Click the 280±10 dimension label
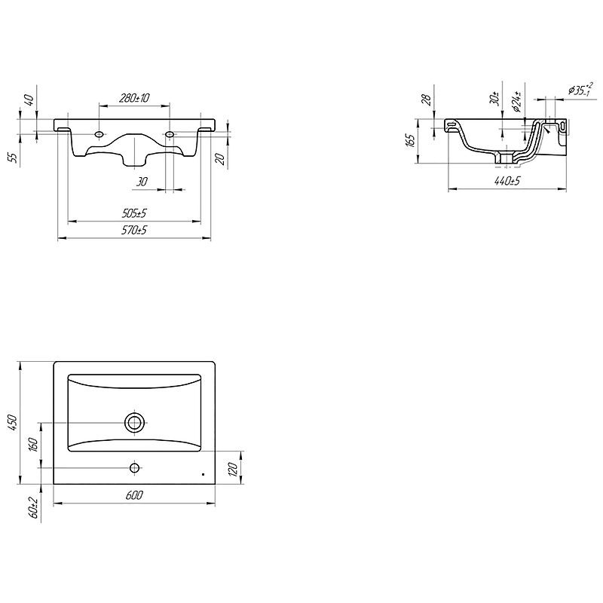(x=134, y=98)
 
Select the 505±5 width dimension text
(x=134, y=213)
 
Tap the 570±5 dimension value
(x=134, y=231)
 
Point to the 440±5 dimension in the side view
(x=507, y=180)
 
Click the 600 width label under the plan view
(x=134, y=495)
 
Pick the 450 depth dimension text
(x=12, y=423)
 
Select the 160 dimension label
(x=33, y=445)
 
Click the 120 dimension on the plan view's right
(x=234, y=469)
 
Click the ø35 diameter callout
(x=581, y=90)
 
